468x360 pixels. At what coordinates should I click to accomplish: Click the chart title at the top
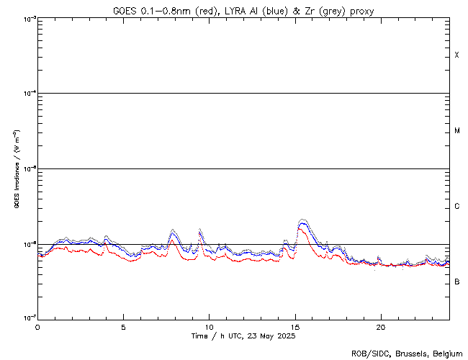tap(243, 11)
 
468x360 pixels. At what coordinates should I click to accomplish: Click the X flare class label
tap(456, 55)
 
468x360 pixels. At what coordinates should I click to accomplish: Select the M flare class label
tap(456, 131)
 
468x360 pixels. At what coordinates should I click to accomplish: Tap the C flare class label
tap(456, 207)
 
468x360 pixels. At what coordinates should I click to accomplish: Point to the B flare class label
tap(456, 282)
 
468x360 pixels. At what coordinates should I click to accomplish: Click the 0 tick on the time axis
tap(37, 326)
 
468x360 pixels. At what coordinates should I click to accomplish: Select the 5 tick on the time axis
tap(123, 326)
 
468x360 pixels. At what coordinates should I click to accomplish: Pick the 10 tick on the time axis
tap(209, 326)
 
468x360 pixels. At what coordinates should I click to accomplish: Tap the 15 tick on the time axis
tap(294, 326)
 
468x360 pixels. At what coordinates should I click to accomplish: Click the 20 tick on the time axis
tap(380, 326)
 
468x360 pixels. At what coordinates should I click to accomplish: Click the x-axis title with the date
tap(243, 336)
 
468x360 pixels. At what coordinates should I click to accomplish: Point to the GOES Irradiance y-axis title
tap(16, 169)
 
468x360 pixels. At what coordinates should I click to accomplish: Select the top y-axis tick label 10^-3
tap(27, 19)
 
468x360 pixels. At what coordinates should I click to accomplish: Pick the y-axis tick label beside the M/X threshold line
tap(27, 94)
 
